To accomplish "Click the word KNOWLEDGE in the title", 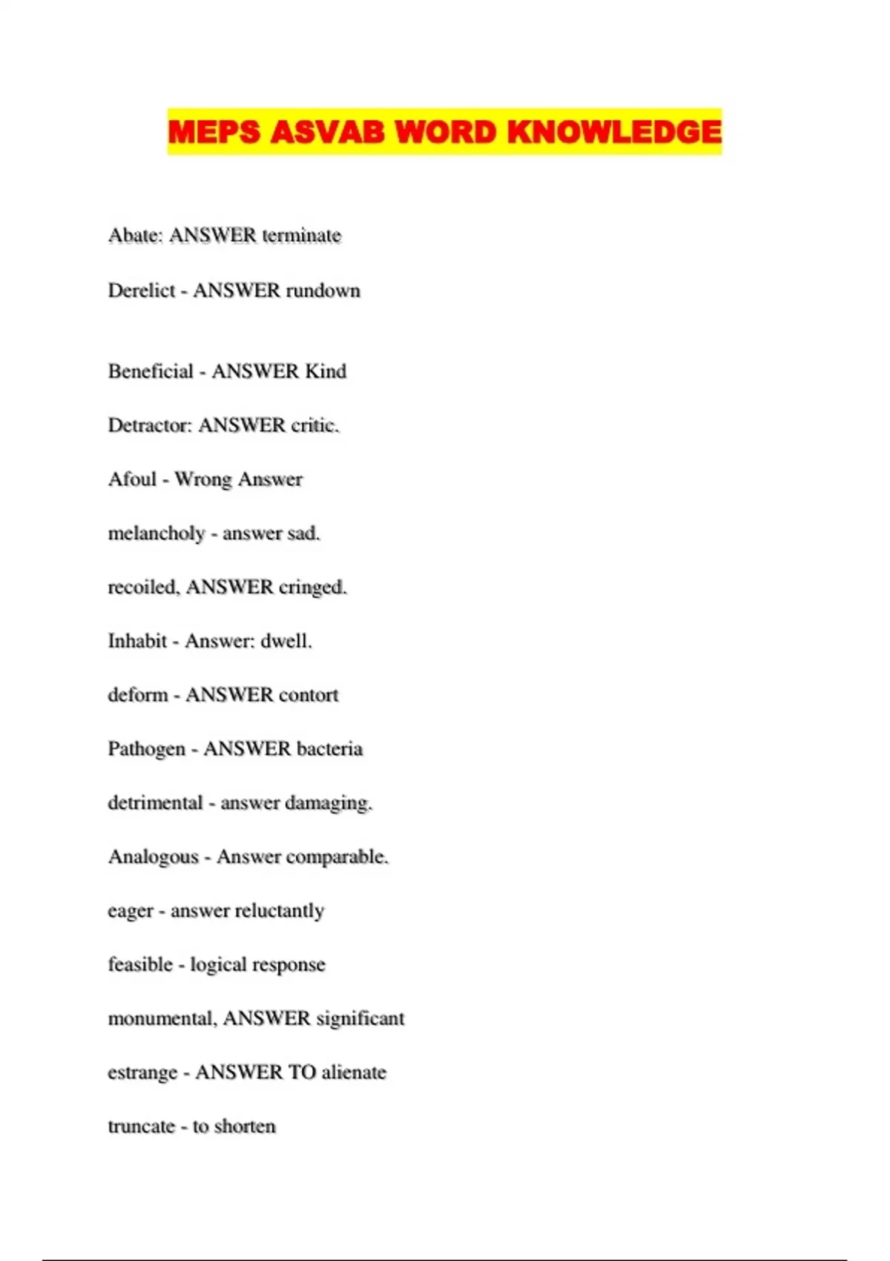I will (614, 132).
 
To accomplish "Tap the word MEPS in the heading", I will (214, 132).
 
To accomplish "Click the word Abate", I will (135, 236).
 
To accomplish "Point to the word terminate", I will (301, 236).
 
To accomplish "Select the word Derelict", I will (142, 290).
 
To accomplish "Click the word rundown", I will (323, 290).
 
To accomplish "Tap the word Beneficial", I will (151, 371).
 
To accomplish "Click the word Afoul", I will (132, 479).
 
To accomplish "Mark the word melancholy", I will (156, 533).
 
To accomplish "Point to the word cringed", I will (312, 587).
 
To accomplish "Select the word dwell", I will (286, 641).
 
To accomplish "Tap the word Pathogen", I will (146, 749).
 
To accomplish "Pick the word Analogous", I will (154, 857).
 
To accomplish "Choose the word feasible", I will (140, 964).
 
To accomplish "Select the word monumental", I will (162, 1018).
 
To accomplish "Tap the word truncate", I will (142, 1126).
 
